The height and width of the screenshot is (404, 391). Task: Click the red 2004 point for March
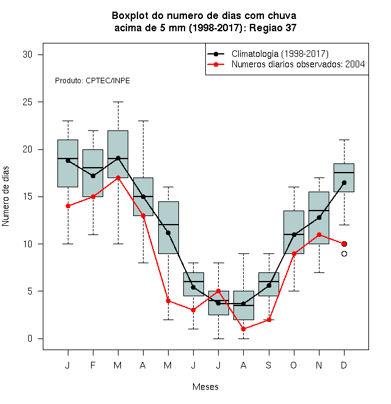pos(118,178)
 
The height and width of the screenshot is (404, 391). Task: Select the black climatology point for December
pos(344,182)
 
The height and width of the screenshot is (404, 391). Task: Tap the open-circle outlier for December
pos(344,254)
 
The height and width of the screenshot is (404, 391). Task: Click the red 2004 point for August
pos(243,329)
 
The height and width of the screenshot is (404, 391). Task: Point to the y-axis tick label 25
pos(27,102)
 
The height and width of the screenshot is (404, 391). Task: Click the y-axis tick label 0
pos(30,339)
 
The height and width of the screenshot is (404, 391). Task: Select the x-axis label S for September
pos(269,365)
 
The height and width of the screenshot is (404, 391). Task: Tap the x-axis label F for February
pos(93,365)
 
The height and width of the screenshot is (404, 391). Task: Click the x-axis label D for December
pos(344,365)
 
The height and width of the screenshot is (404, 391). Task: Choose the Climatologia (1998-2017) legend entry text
pos(280,54)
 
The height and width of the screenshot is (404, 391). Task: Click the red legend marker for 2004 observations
pos(216,64)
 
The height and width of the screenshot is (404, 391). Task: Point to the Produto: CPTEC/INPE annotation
pos(92,81)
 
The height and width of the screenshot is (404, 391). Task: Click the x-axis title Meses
pos(205,387)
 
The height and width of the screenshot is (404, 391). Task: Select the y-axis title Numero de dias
pos(5,196)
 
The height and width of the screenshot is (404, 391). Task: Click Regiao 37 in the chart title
pos(272,28)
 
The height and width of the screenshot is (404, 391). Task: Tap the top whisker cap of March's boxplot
pos(118,102)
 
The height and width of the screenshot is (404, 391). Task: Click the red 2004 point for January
pos(68,206)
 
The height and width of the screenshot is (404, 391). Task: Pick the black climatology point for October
pos(294,234)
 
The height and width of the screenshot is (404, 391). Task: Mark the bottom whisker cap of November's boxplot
pos(319,272)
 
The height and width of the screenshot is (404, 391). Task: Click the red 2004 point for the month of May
pos(168,301)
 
